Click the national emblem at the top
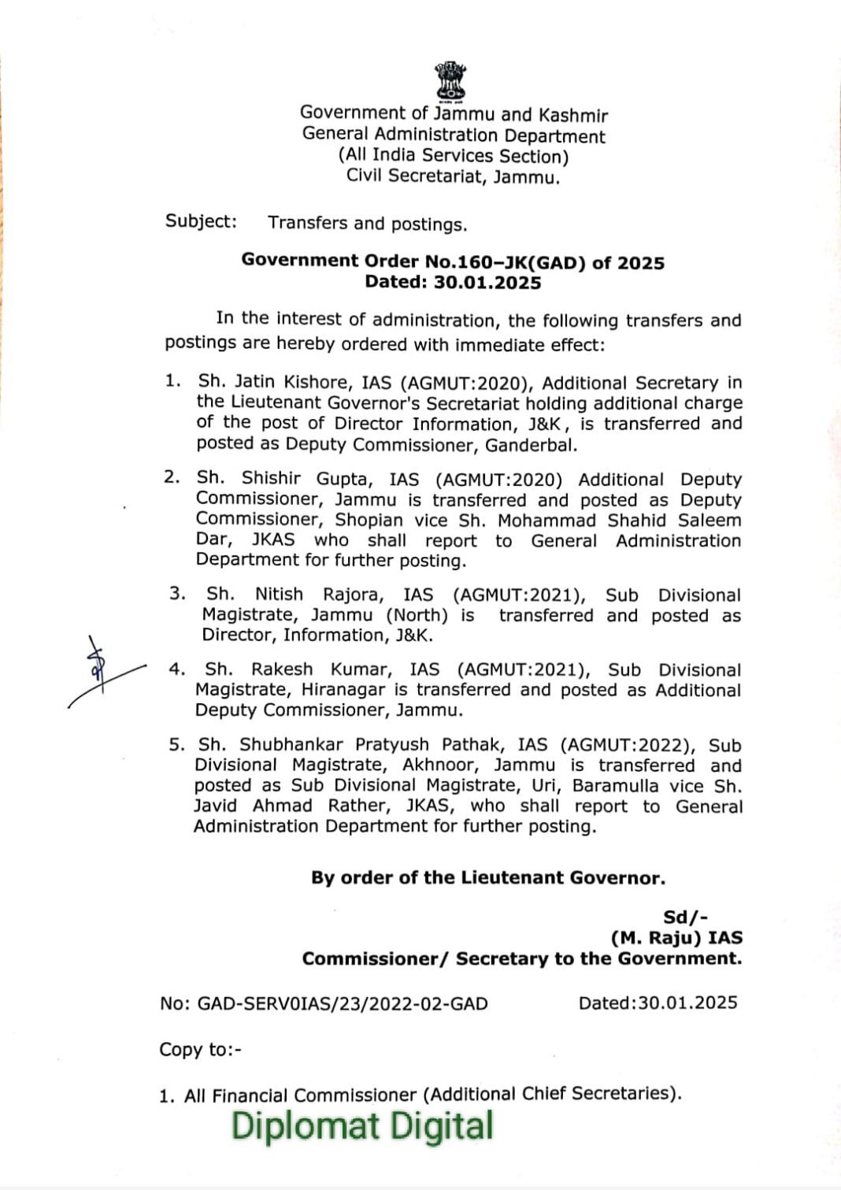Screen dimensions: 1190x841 (451, 82)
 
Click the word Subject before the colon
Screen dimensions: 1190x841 (198, 221)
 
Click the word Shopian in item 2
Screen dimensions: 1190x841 (369, 521)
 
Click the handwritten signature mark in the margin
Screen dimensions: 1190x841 (98, 669)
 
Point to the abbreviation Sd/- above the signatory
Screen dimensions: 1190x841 (685, 917)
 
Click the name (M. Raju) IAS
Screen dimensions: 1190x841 (676, 937)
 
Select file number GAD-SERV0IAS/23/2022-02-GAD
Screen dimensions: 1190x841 (342, 1003)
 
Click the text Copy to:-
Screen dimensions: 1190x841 (200, 1050)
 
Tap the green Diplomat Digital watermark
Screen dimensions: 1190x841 (362, 1126)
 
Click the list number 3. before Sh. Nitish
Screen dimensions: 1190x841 (177, 594)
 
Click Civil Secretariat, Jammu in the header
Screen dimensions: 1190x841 (453, 176)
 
